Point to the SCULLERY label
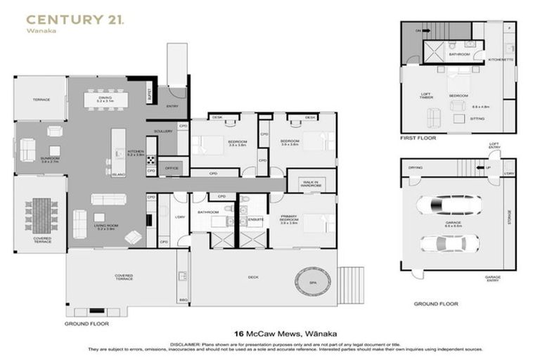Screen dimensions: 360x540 coord(162,131)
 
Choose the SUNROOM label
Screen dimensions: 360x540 coord(49,159)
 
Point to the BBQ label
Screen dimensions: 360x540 coord(184,300)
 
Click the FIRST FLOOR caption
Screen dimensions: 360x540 coord(418,138)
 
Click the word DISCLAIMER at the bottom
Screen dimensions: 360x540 coord(184,343)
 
